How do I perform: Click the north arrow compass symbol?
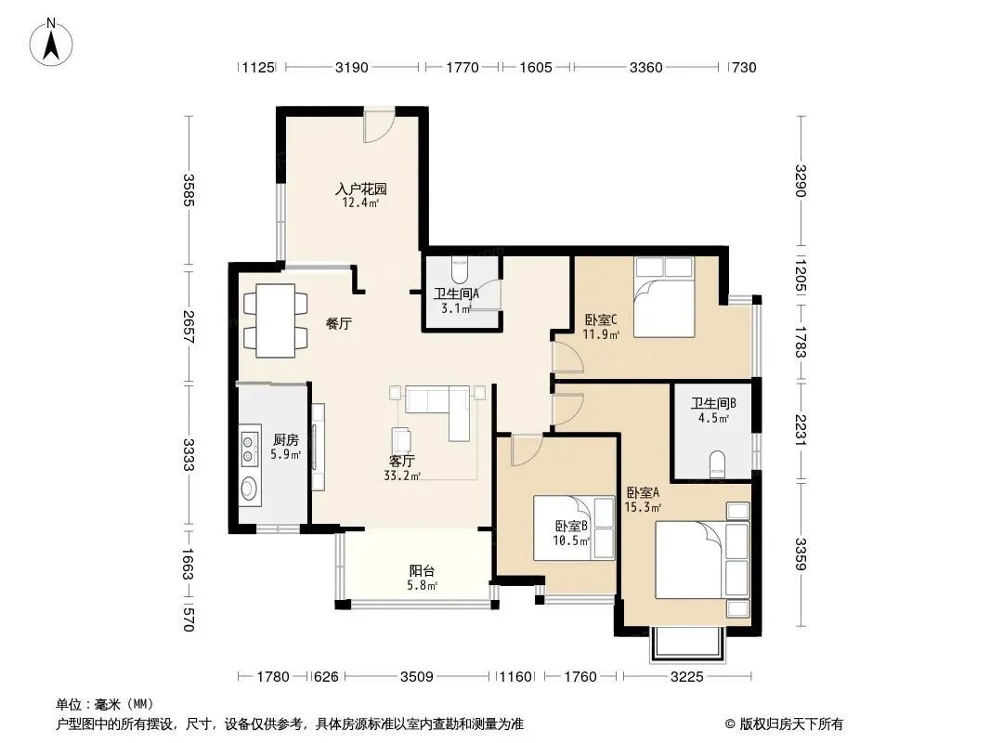click(x=51, y=43)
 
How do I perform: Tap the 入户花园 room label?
click(x=360, y=189)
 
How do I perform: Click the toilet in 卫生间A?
click(x=462, y=269)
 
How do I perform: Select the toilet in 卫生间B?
click(x=717, y=464)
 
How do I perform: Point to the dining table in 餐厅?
click(x=276, y=320)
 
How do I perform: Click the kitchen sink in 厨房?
click(x=250, y=488)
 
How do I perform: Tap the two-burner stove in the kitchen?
click(x=250, y=447)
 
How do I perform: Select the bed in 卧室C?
click(x=664, y=297)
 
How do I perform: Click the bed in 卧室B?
click(x=574, y=528)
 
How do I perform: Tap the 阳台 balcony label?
click(x=422, y=570)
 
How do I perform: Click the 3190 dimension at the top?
click(x=352, y=68)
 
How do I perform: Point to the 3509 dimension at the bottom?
click(x=417, y=677)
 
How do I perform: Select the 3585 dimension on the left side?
click(x=189, y=190)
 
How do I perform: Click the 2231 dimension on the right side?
click(x=801, y=429)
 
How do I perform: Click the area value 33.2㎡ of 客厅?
click(x=402, y=476)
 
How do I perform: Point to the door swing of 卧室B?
click(x=527, y=450)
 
